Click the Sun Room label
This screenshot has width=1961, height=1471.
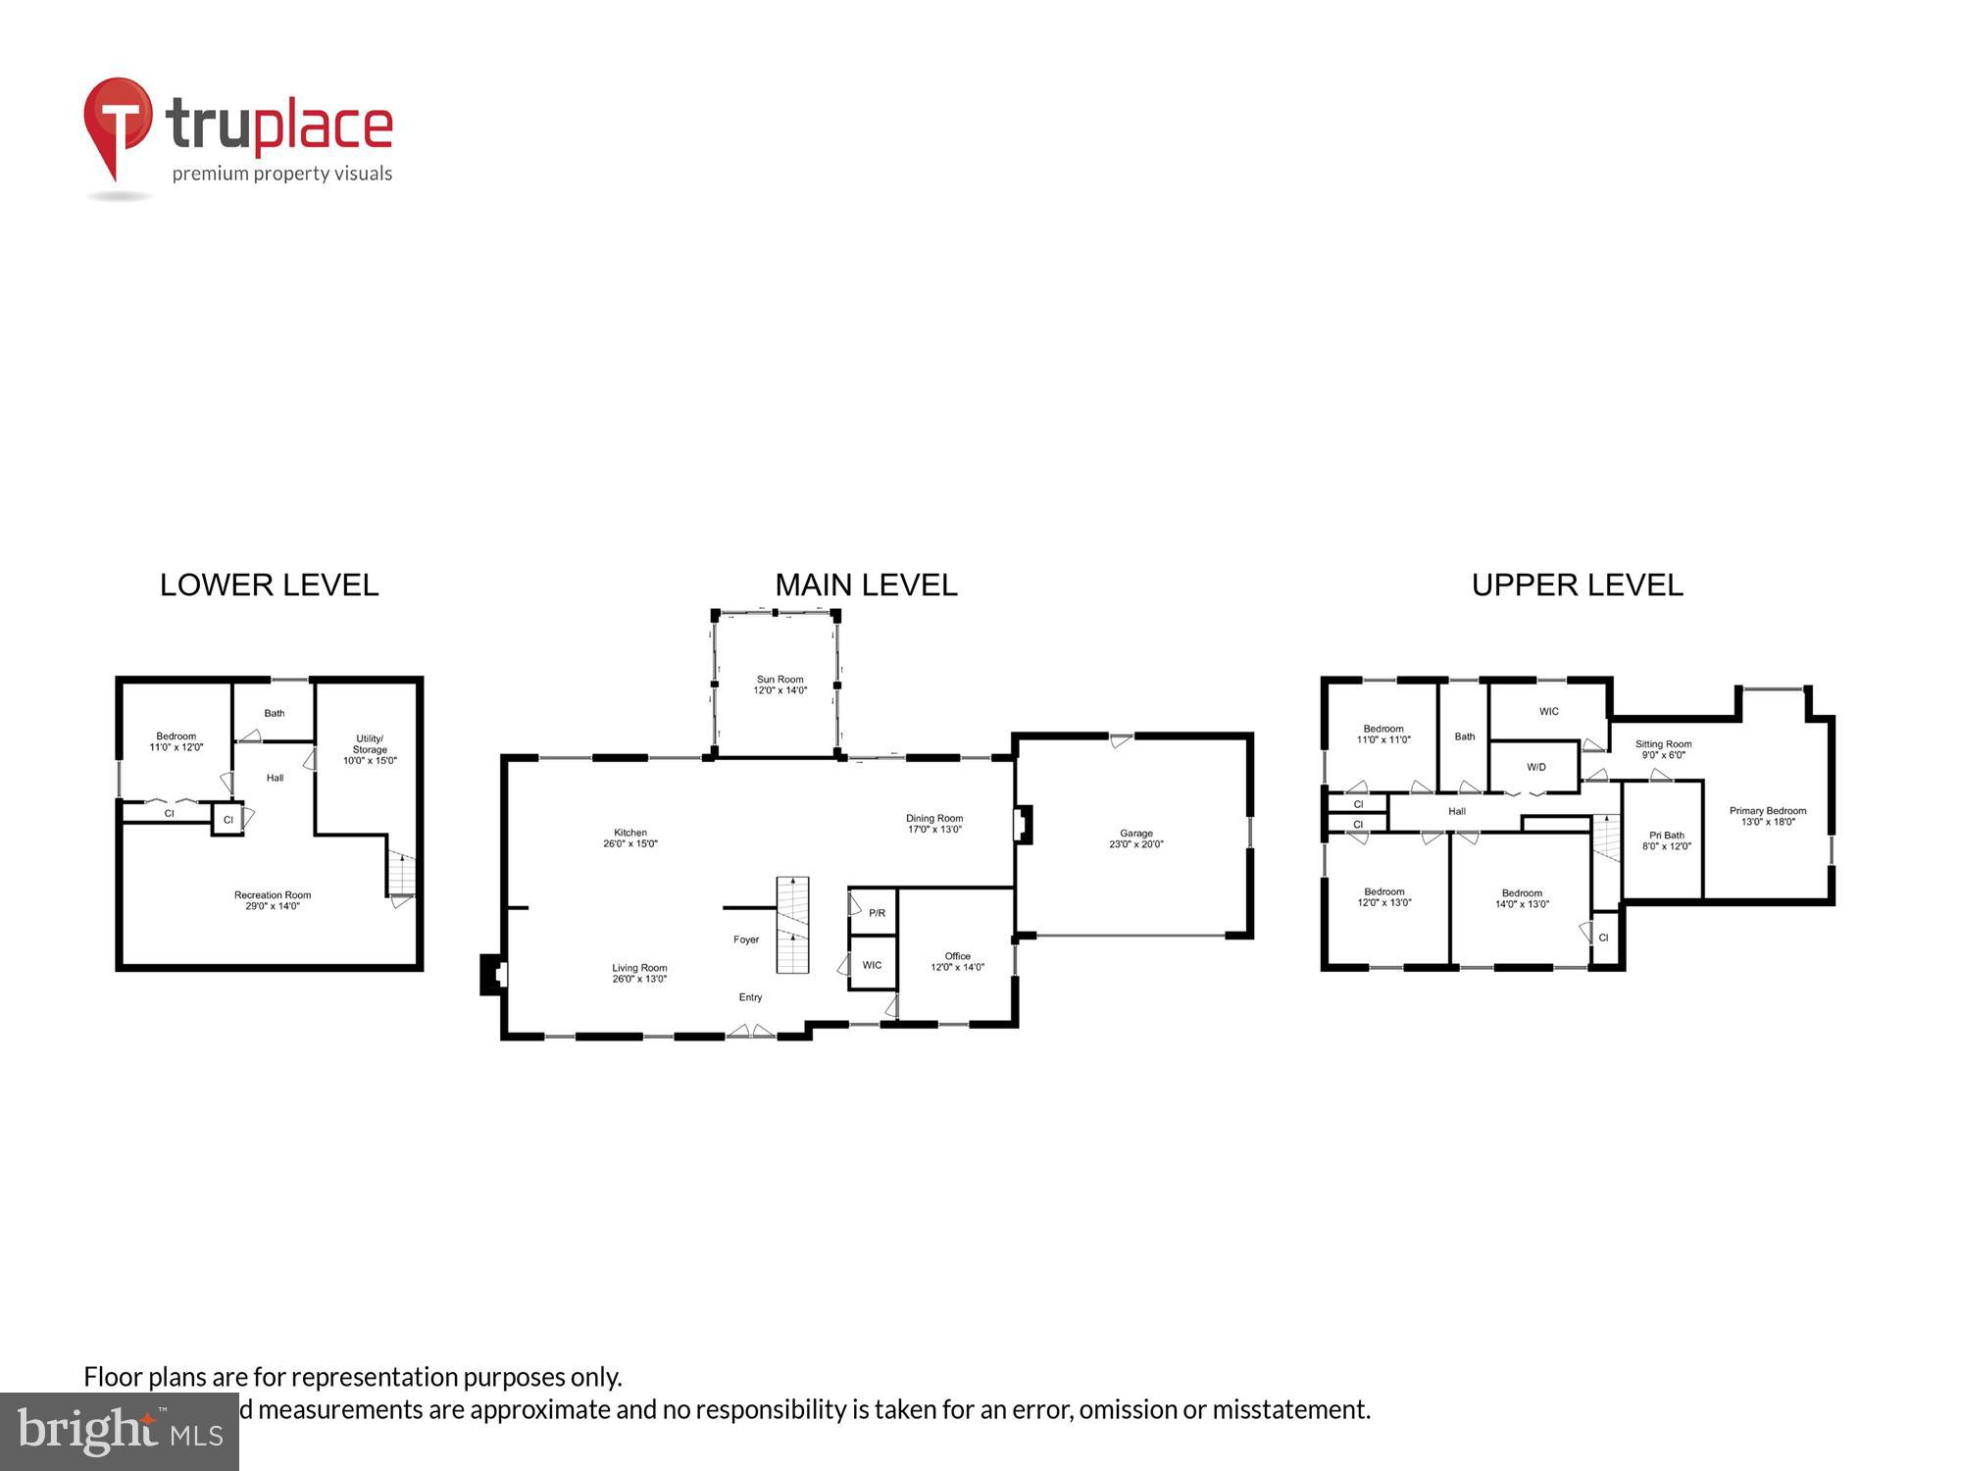pos(779,679)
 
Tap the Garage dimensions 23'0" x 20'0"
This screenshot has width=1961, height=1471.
pos(1136,844)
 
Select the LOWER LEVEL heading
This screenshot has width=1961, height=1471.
pos(269,585)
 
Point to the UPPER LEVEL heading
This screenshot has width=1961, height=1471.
pos(1577,585)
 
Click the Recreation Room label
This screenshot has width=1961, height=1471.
pos(273,894)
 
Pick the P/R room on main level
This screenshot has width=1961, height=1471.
pos(876,913)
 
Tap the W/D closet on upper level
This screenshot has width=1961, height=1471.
pos(1535,767)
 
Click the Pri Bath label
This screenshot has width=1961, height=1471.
pos(1666,836)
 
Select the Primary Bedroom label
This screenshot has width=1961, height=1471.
pos(1767,811)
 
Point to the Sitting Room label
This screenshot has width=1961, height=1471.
pos(1663,744)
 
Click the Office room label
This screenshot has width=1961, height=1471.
pos(957,956)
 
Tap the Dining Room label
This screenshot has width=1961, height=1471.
pos(933,818)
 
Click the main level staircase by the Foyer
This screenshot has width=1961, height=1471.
pos(792,924)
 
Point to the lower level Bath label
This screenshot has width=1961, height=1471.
pos(275,713)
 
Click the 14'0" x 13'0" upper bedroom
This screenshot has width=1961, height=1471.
pos(1521,898)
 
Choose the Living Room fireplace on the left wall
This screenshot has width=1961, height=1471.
pos(492,974)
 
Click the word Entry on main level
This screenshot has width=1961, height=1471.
pos(750,997)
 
